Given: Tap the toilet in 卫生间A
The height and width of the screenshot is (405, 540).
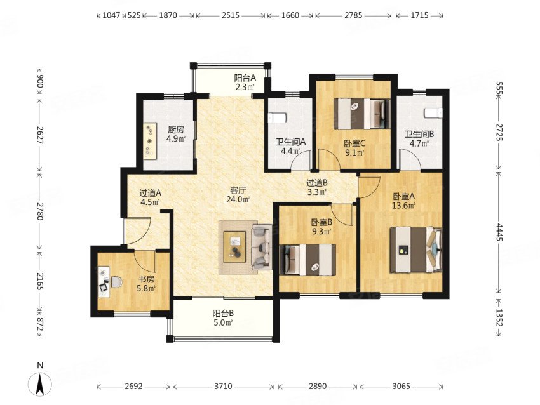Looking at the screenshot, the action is coord(277,117).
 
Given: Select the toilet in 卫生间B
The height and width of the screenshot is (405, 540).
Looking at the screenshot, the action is coord(433,113).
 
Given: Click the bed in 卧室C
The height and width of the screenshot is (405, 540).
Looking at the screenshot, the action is coord(361,114).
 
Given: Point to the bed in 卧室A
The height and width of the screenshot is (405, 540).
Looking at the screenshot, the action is coord(415,250).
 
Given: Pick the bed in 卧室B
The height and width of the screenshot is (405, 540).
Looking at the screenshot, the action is coord(307,260).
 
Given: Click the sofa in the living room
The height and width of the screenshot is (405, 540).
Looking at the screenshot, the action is coord(262,247).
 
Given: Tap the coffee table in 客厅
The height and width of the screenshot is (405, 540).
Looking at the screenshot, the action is coord(234,247).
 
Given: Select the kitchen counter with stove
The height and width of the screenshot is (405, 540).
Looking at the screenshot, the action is coord(150,141).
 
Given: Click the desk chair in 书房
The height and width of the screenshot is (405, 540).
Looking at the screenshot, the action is coord(116,282).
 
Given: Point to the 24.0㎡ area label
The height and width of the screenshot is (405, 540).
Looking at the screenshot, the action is coord(238,199).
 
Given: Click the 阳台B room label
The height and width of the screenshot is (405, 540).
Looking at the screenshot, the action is coord(223,314).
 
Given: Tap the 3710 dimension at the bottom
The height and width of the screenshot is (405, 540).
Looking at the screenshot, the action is coord(223,387).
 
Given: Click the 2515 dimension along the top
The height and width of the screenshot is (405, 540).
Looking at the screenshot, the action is coord(231,15).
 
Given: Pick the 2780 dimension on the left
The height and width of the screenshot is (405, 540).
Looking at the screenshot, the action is coord(40,211).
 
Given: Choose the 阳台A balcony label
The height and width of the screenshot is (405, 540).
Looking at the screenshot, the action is coord(245,78).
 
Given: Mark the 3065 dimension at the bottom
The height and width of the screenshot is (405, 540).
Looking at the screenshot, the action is coord(402,387).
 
